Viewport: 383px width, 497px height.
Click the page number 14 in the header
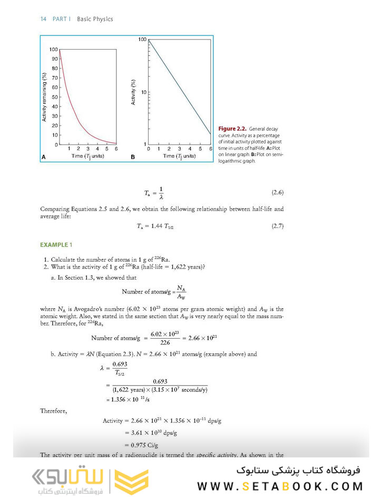tap(44, 19)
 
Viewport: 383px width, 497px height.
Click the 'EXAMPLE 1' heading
tap(54, 245)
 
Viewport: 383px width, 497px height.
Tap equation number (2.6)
tap(277, 193)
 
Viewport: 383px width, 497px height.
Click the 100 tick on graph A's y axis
tap(53, 50)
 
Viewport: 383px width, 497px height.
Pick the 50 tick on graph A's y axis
tap(55, 97)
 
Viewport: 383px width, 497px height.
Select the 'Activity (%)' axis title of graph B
tap(134, 91)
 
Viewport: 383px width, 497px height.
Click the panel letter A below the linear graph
tap(43, 157)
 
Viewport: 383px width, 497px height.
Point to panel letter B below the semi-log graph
tap(133, 157)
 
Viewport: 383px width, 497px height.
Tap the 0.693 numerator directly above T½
tap(120, 364)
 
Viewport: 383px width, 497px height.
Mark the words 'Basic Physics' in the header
tap(95, 19)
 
